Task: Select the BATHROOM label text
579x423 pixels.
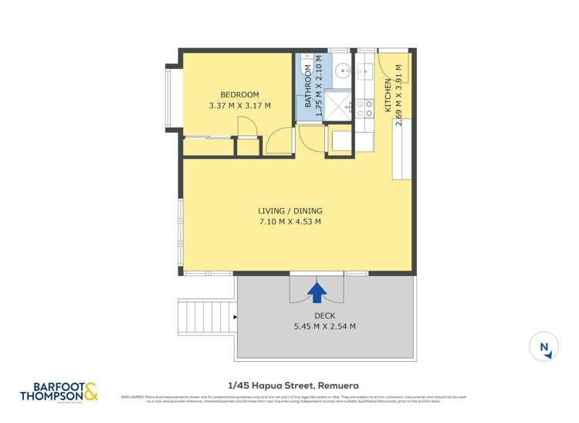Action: [307, 87]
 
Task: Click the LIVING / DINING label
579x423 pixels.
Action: [289, 210]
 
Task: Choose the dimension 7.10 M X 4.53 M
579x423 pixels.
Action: [289, 222]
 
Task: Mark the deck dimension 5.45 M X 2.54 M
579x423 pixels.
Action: [324, 326]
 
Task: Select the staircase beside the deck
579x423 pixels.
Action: [196, 316]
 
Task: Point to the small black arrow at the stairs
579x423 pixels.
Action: [234, 316]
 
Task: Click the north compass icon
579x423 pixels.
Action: [544, 347]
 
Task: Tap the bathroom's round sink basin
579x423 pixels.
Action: [343, 72]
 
